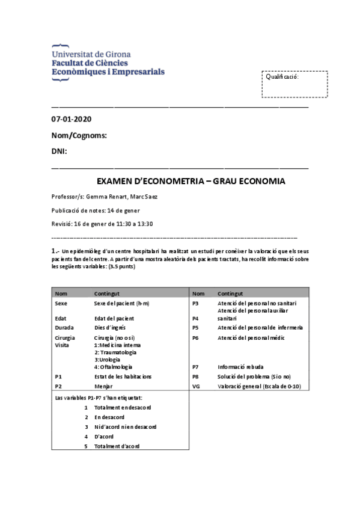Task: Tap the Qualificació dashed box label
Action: pos(282,77)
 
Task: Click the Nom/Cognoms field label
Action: pos(79,135)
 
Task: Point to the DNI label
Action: pos(59,151)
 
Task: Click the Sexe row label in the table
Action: pos(61,304)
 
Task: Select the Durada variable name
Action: pos(64,328)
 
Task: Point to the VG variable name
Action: pos(196,386)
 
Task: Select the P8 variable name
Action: pos(195,376)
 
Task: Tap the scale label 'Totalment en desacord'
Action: pos(123,408)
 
